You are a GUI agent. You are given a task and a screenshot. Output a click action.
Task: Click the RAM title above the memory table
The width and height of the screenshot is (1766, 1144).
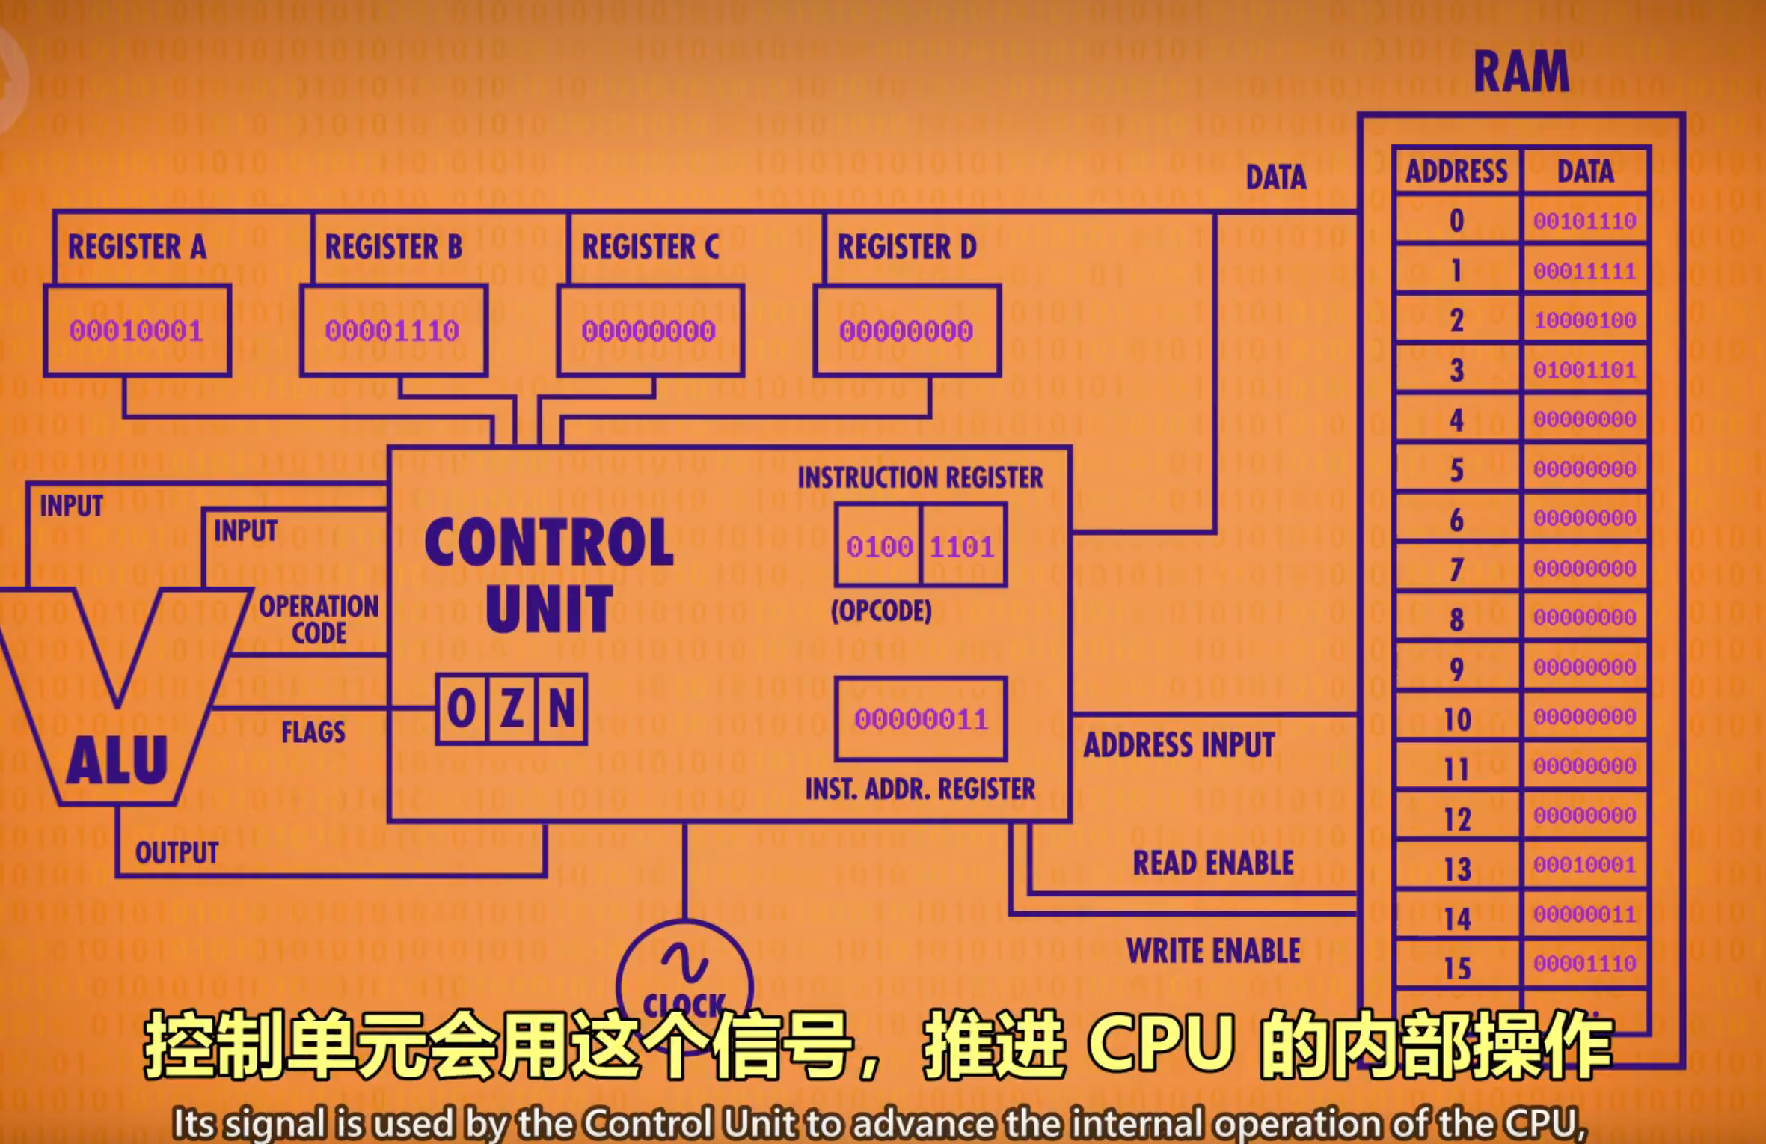1521,72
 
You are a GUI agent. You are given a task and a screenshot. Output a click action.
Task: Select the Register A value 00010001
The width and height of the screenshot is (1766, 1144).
136,331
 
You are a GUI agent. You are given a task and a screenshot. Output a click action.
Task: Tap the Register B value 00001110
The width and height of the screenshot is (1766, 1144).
392,331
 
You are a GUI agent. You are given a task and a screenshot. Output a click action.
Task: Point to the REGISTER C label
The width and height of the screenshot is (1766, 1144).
650,247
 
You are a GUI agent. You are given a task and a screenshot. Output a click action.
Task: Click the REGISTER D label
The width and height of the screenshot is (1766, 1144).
907,247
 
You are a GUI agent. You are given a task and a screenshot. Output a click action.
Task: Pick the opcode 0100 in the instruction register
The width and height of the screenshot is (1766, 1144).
879,547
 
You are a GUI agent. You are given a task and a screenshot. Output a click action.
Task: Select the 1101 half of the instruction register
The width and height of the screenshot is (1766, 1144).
962,547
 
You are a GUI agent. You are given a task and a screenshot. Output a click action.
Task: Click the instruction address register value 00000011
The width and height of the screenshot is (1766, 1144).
921,720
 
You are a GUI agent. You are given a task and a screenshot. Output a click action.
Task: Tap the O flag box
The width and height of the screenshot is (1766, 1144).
462,709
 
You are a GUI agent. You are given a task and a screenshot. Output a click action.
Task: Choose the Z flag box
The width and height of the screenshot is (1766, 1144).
512,709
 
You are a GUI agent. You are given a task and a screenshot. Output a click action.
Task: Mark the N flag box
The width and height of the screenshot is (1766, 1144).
562,709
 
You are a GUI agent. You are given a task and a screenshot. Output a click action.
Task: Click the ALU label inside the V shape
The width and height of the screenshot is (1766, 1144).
117,760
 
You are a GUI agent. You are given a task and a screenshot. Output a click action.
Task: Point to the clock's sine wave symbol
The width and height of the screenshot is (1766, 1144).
684,962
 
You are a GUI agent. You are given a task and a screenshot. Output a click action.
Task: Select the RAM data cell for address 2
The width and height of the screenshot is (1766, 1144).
1584,321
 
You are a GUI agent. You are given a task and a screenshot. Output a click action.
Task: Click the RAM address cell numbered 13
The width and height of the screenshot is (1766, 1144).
1457,869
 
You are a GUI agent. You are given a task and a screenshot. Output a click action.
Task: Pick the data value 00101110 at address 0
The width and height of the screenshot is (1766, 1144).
1584,221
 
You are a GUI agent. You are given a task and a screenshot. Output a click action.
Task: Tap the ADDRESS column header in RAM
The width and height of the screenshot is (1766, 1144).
1456,171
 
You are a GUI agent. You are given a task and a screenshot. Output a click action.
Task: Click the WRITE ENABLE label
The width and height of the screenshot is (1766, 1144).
1213,951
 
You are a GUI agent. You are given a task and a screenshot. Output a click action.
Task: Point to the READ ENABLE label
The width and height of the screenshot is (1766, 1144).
1213,863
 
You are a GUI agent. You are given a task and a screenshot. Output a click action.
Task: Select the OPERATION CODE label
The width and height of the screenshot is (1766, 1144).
319,620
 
